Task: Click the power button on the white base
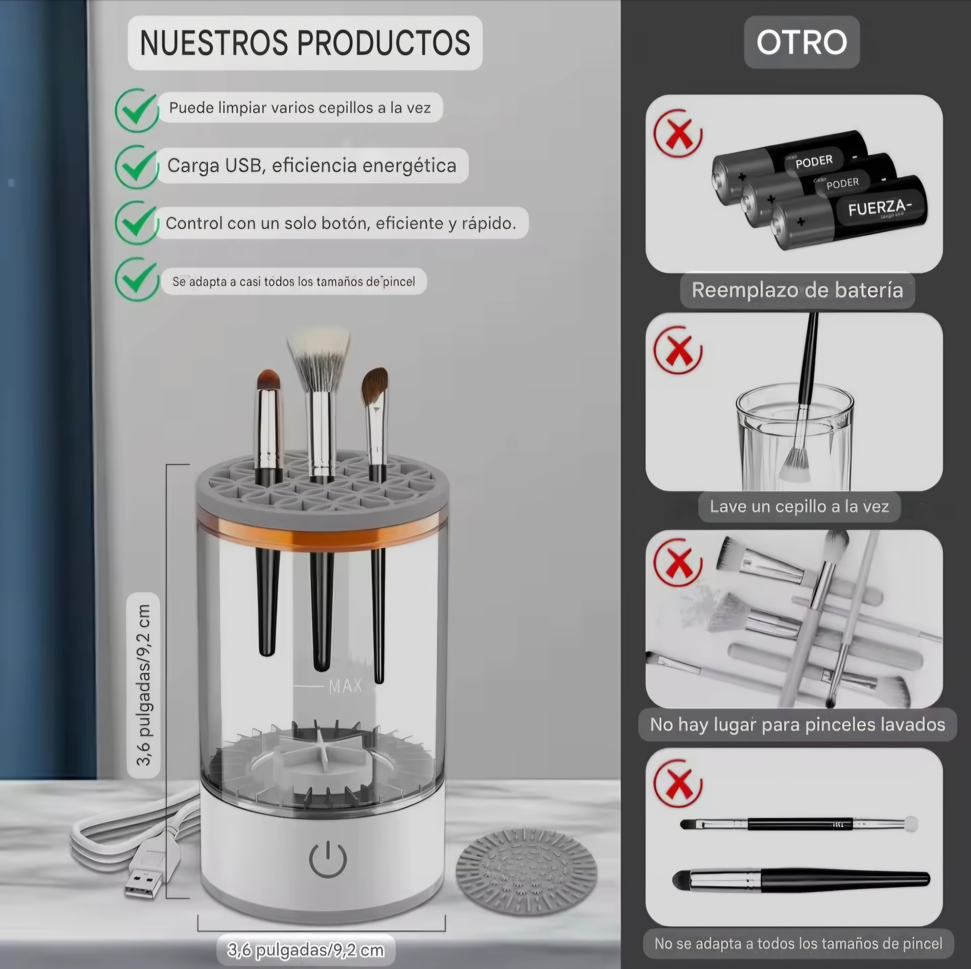(328, 860)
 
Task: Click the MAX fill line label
(345, 686)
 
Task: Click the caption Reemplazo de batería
(797, 290)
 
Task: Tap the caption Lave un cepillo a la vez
(799, 506)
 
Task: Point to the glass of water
(795, 435)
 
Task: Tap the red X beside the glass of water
(678, 349)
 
